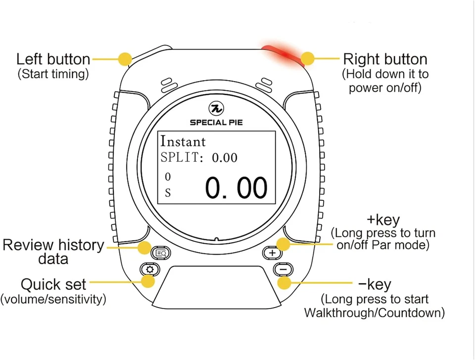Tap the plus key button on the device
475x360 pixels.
272,253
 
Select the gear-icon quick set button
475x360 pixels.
149,270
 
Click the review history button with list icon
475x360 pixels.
161,253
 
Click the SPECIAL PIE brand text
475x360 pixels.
216,122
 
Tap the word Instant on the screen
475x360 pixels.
183,141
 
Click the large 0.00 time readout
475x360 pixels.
236,188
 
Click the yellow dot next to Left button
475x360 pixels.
126,59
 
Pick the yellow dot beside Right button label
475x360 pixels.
308,58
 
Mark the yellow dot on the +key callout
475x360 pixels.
283,244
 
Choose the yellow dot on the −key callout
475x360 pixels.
284,283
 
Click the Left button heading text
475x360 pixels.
53,59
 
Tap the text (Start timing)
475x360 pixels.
53,74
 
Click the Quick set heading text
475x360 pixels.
53,284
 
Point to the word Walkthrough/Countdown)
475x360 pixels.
374,313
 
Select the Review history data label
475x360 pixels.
53,252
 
